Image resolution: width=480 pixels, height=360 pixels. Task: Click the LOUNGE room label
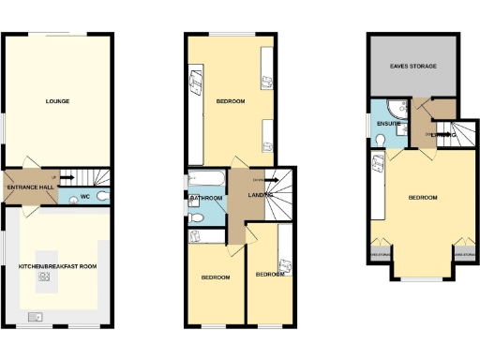pos(58,100)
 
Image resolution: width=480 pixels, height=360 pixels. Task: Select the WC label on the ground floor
pos(83,196)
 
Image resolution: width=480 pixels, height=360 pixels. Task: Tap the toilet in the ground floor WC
pos(102,196)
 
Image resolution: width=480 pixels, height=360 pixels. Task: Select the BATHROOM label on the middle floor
pos(206,198)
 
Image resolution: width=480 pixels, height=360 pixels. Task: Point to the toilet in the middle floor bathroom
pos(196,217)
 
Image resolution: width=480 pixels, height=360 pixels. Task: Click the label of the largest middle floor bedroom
pos(231,100)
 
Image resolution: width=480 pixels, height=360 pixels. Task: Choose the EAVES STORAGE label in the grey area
pos(414,67)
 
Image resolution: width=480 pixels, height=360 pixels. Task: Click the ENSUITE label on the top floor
pos(389,123)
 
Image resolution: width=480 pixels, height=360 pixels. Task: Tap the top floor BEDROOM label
pos(423,197)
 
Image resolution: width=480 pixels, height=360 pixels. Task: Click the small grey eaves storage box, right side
pos(462,252)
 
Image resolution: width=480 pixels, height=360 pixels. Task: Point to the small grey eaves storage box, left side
pos(381,253)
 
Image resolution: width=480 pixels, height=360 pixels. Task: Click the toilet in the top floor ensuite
pos(379,140)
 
